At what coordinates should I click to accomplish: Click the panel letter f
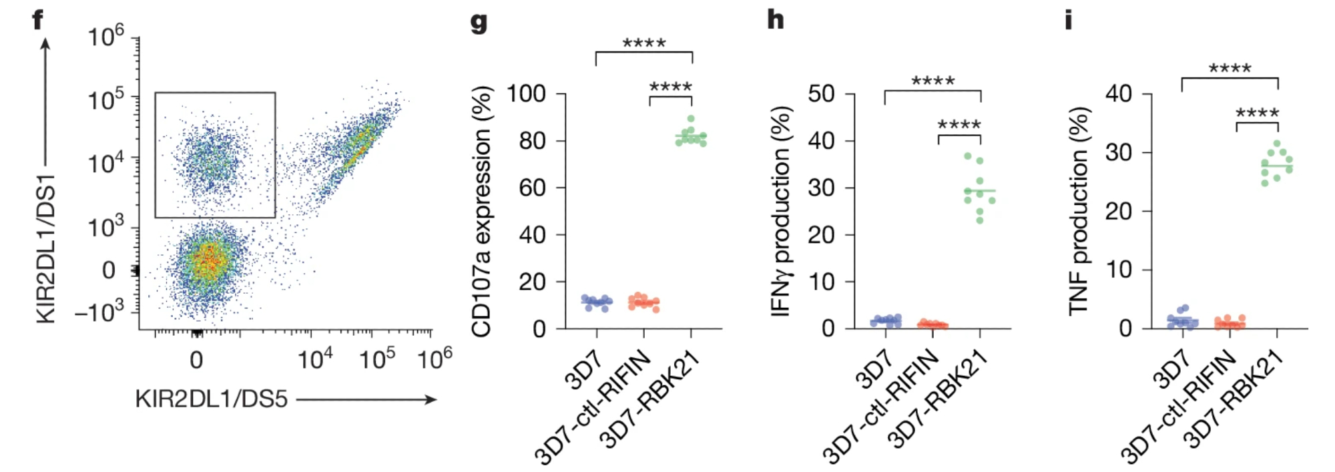coord(37,19)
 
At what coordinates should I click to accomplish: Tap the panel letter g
coord(479,21)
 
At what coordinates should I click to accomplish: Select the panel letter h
coord(775,19)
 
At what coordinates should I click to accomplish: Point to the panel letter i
coord(1068,20)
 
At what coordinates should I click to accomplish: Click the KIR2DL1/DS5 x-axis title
coord(211,399)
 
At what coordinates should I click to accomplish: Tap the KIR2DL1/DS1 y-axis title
coord(45,248)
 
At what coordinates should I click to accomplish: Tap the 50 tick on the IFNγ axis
coord(821,93)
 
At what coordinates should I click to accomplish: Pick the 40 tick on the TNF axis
coord(1119,93)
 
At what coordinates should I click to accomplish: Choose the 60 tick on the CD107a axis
coord(532,188)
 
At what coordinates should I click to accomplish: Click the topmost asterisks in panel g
coord(644,44)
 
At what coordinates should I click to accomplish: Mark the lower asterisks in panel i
coord(1257,113)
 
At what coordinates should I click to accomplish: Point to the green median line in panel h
coord(980,191)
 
